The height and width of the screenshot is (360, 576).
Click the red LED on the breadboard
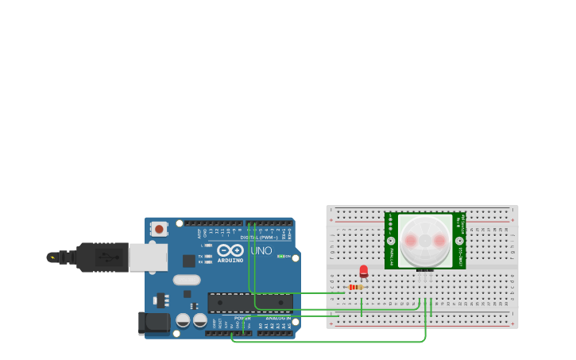pos(364,271)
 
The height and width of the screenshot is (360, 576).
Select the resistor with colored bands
pos(356,287)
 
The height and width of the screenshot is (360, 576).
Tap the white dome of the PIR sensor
pos(425,240)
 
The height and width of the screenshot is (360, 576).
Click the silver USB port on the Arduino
pos(148,257)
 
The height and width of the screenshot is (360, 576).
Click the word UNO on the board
pos(261,251)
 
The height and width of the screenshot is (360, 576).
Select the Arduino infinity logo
pos(230,250)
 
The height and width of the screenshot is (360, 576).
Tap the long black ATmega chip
pos(249,302)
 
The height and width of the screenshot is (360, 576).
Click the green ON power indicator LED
pos(280,256)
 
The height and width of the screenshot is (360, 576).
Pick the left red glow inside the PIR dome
pos(412,240)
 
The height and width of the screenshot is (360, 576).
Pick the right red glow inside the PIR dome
pos(439,240)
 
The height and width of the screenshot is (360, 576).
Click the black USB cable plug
pos(102,257)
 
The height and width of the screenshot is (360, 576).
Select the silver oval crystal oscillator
pos(187,280)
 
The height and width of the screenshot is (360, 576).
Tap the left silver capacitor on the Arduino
pos(183,320)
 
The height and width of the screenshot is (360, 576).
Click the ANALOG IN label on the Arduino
pos(278,318)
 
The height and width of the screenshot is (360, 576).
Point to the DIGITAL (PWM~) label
pos(260,237)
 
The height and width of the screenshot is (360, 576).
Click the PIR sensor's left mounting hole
pos(391,240)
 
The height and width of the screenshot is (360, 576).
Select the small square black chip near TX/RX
pos(188,261)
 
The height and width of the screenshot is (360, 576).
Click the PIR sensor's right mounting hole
pos(459,240)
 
